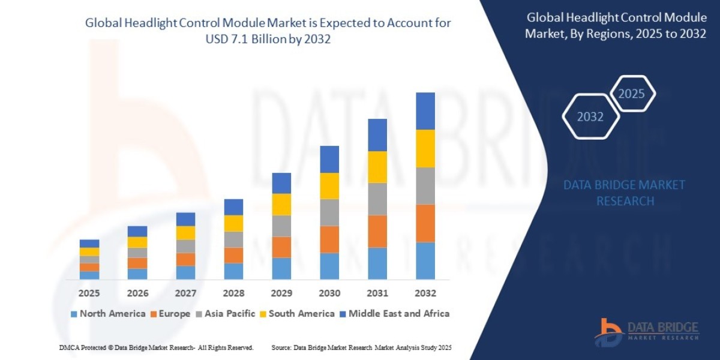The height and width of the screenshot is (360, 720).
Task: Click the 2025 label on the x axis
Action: click(x=89, y=293)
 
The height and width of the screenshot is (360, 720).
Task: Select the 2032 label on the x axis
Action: click(x=425, y=293)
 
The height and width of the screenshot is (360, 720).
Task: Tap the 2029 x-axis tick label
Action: click(x=281, y=293)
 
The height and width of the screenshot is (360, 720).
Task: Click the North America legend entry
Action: click(x=108, y=313)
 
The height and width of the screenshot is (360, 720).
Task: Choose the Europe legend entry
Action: click(x=170, y=313)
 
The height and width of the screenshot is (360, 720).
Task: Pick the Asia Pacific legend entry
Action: click(x=226, y=313)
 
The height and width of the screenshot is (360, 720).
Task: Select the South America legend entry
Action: click(x=297, y=313)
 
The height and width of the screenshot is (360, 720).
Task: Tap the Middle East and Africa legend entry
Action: click(x=394, y=313)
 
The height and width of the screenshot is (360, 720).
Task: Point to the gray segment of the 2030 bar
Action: click(x=329, y=212)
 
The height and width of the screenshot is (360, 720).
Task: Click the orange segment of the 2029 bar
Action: click(x=281, y=247)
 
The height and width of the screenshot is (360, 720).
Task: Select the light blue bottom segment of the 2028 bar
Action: click(x=233, y=271)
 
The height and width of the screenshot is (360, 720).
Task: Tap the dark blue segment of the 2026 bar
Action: click(x=137, y=231)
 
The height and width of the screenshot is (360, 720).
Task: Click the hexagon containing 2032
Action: click(x=590, y=117)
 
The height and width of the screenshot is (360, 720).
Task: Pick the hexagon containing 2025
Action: click(x=631, y=94)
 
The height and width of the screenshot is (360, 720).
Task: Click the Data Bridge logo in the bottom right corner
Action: click(x=647, y=331)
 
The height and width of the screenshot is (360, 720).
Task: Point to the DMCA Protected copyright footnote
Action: click(x=156, y=347)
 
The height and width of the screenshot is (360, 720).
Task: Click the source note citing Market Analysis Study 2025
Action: click(x=361, y=347)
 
